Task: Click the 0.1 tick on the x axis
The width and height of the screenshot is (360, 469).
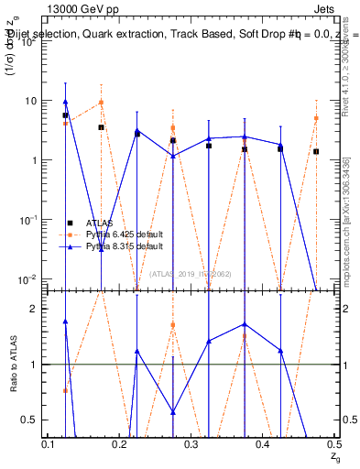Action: [50, 443]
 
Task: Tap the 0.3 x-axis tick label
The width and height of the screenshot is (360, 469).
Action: [191, 443]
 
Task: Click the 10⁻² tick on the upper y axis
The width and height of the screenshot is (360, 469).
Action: [31, 278]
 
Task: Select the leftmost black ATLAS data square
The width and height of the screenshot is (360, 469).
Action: [66, 115]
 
